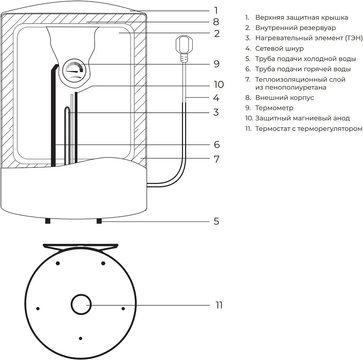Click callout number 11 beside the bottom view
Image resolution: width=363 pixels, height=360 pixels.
click(219, 305)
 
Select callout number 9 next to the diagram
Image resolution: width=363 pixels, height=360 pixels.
click(216, 64)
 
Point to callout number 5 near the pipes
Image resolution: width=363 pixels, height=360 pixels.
click(216, 221)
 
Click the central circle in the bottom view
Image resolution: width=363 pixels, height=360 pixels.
click(81, 304)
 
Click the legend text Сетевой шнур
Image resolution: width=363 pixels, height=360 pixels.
click(279, 48)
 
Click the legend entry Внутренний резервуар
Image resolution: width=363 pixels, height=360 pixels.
click(295, 28)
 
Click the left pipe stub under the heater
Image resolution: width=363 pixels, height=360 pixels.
click(47, 221)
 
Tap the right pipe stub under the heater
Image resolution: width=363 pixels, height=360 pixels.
click(99, 221)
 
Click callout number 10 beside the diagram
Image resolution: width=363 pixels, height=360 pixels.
click(218, 85)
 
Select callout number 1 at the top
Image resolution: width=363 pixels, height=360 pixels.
click(216, 11)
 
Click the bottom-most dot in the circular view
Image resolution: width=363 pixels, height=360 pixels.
click(80, 338)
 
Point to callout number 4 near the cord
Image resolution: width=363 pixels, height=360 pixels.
click(216, 98)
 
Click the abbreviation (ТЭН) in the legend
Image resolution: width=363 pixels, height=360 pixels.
click(353, 38)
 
